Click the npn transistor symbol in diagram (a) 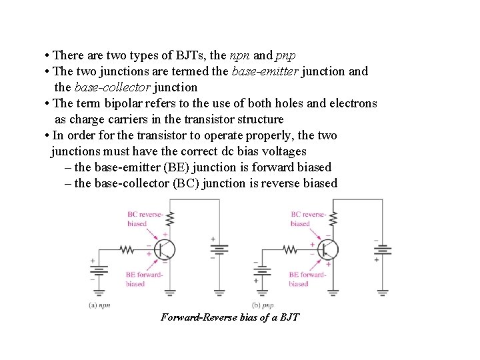[x=163, y=250]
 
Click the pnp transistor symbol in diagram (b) [x=327, y=250]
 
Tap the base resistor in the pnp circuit [x=290, y=250]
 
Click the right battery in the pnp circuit [x=383, y=251]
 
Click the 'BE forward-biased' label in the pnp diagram [x=307, y=279]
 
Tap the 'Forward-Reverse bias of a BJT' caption [x=230, y=317]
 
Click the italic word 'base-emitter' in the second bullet [x=265, y=71]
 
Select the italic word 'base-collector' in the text [x=111, y=87]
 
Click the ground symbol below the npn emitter [x=170, y=291]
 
